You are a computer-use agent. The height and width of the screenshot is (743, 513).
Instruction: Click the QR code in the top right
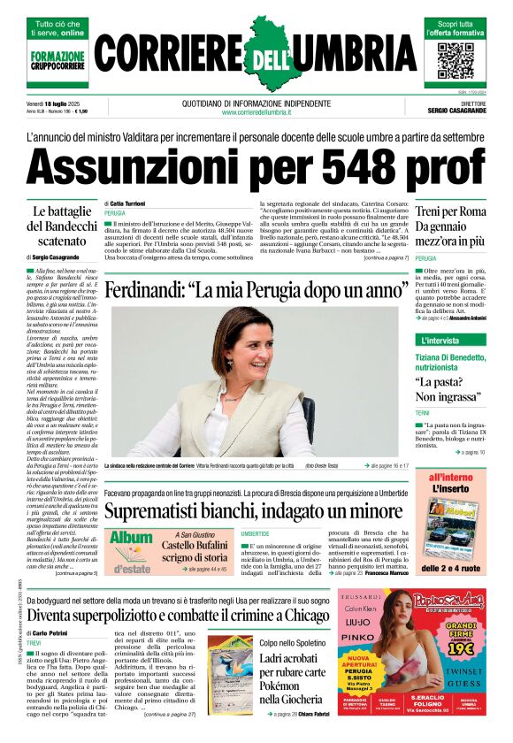pos(456,60)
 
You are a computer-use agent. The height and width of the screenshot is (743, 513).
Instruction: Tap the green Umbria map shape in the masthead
pos(257,53)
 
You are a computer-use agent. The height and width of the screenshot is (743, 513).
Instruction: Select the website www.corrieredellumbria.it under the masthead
pos(256,112)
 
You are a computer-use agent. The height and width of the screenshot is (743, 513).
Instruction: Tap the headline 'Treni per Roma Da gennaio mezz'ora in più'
pos(449,226)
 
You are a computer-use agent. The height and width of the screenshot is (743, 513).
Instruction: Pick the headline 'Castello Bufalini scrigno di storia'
pos(194,551)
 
